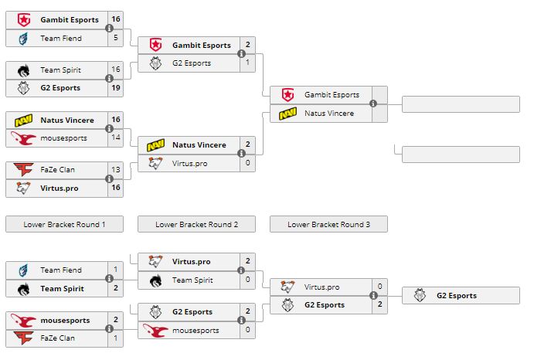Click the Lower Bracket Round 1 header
click(64, 225)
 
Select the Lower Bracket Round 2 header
click(196, 225)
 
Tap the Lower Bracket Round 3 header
click(328, 225)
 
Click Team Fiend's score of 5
click(116, 38)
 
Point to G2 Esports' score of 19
click(116, 88)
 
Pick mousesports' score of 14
click(116, 138)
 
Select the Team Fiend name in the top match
click(61, 38)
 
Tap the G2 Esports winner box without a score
click(456, 295)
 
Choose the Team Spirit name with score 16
click(60, 70)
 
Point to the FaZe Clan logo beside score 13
click(23, 170)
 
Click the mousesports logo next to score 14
click(23, 138)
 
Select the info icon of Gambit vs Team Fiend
click(109, 29)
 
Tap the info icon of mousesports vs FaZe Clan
click(109, 330)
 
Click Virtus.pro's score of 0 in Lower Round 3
click(379, 287)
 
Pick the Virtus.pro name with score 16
click(60, 188)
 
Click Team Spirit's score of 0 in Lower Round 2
click(248, 280)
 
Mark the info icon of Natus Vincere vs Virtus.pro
click(241, 154)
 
